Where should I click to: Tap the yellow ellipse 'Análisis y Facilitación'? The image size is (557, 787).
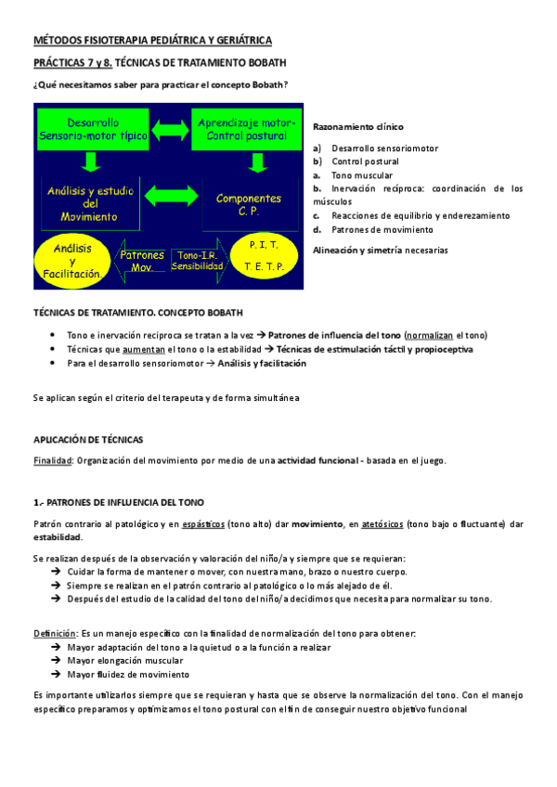tap(72, 261)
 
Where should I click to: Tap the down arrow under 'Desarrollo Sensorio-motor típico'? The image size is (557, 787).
tap(91, 163)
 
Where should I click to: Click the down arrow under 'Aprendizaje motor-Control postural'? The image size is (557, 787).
tap(251, 163)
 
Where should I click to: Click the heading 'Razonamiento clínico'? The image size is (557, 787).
tap(358, 126)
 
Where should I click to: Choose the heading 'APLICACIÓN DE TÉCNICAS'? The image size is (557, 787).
tap(89, 440)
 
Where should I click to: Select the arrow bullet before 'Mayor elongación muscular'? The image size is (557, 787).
tap(58, 661)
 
